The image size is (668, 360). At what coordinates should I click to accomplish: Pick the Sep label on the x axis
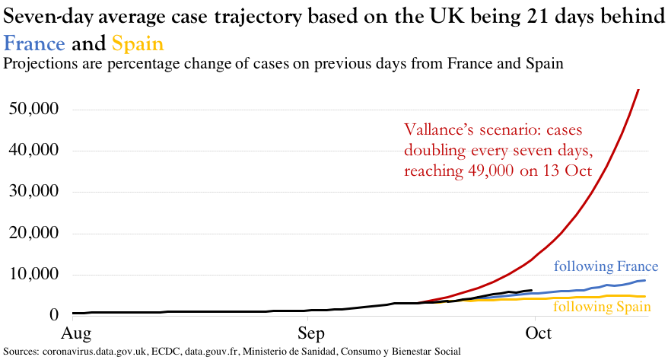point(311,333)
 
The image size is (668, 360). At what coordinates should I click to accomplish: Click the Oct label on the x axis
point(539,333)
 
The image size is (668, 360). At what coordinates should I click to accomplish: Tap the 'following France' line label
point(606,266)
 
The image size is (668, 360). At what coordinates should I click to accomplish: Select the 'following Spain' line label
point(602,307)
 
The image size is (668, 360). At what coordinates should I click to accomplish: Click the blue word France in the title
point(34,44)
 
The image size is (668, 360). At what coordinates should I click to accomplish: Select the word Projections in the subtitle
point(38,64)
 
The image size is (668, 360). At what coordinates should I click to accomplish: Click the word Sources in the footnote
point(21,351)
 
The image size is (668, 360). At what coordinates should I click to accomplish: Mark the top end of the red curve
point(638,90)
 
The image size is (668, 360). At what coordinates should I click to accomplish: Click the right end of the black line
point(531,290)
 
